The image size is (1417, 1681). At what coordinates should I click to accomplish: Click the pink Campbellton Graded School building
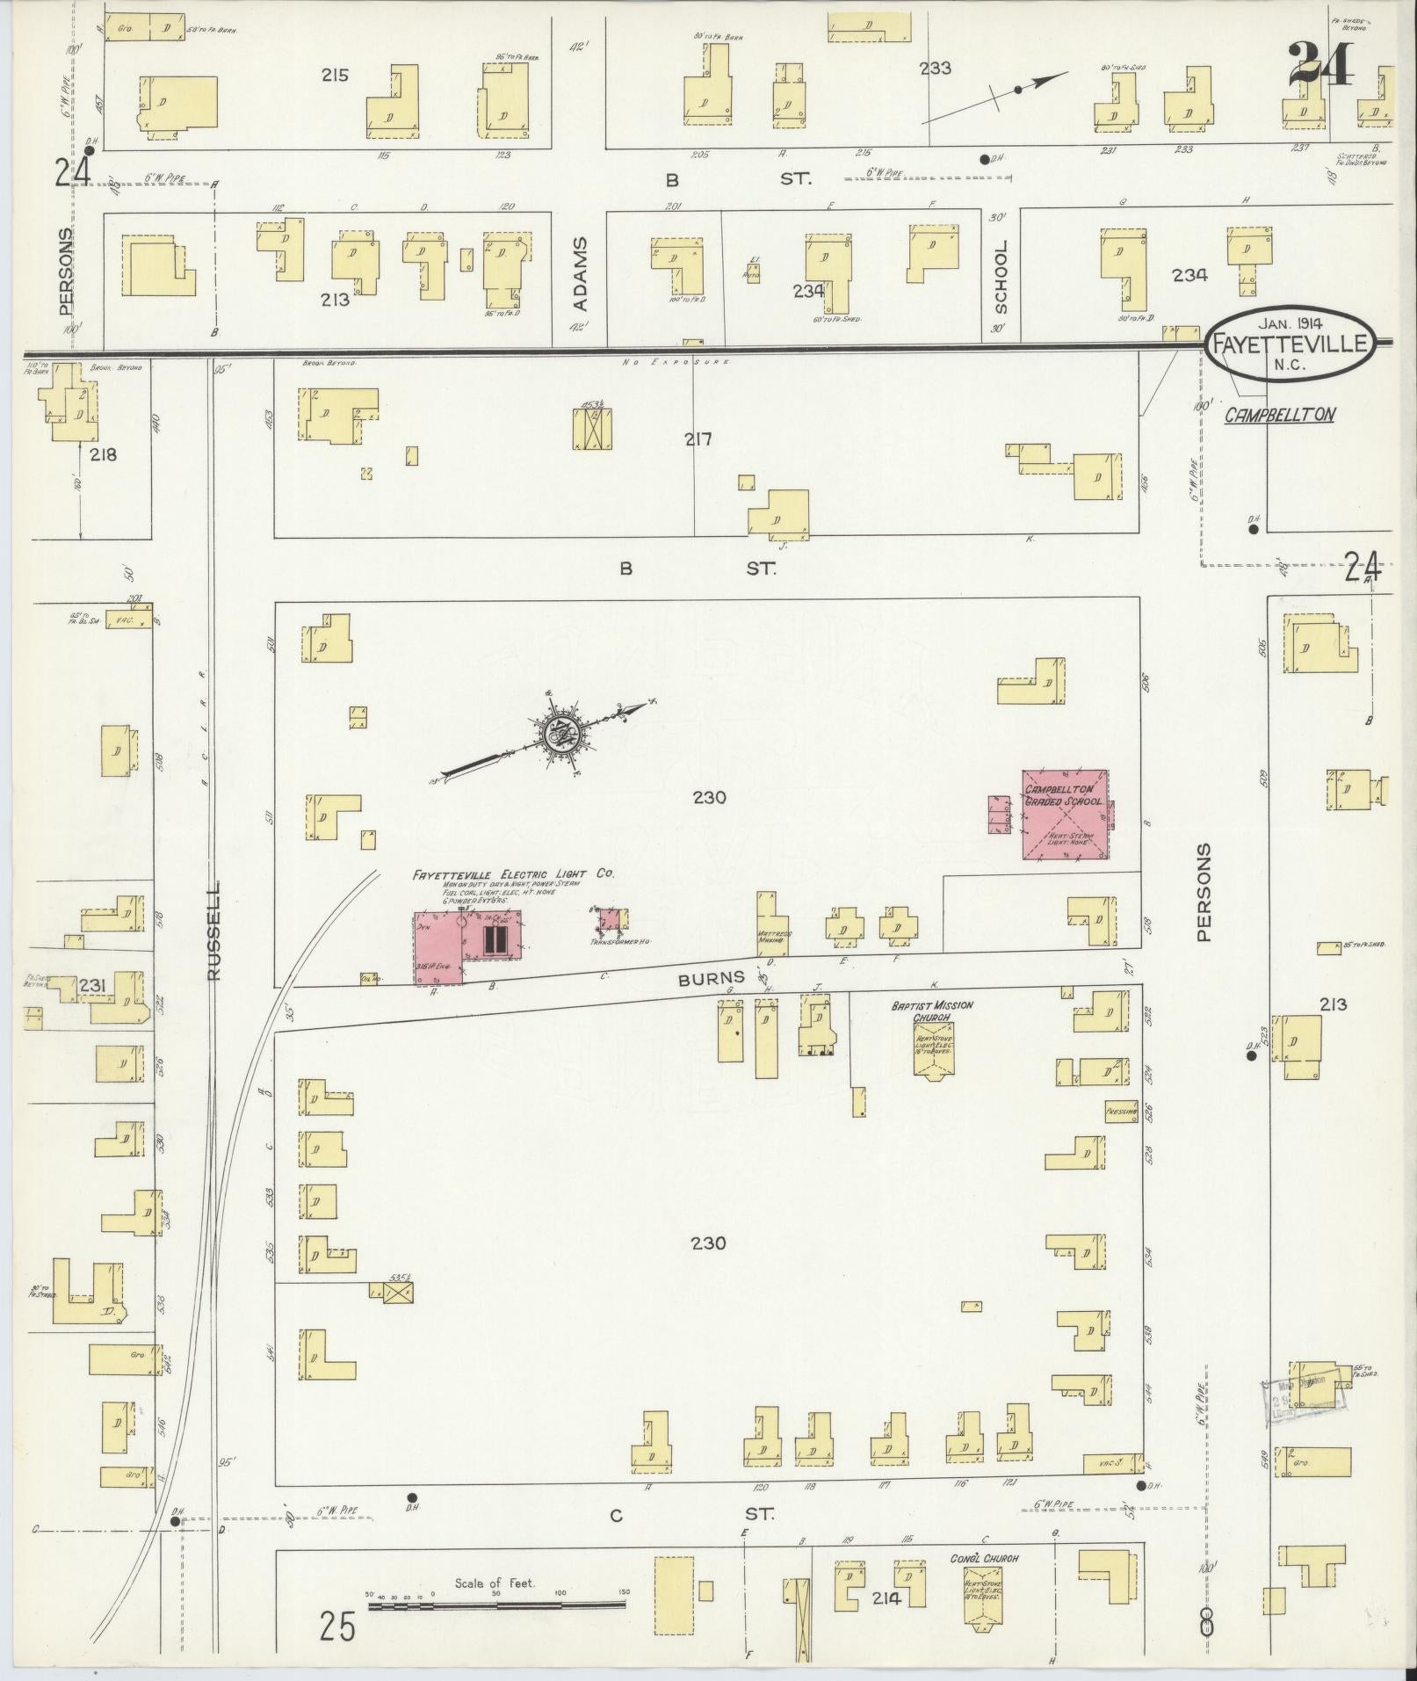pos(1064,815)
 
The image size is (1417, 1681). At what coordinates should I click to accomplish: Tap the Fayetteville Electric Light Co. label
pos(514,874)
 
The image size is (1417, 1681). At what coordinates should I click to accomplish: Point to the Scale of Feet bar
pos(496,1605)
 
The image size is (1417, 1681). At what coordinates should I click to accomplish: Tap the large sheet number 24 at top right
pos(1320,65)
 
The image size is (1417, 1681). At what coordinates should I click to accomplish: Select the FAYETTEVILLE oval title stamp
pos(1289,344)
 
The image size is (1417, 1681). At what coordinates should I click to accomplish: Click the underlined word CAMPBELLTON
pos(1280,414)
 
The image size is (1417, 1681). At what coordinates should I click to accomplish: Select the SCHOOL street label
pos(1001,277)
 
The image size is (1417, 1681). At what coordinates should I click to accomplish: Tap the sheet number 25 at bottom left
pos(337,1627)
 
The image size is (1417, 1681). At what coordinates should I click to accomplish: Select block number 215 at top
pos(334,75)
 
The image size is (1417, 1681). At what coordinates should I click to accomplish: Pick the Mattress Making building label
pos(773,937)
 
